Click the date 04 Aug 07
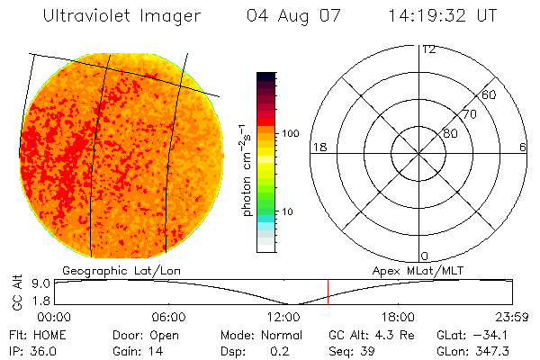point(288,16)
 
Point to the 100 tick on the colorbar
point(290,133)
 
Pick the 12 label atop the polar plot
point(428,49)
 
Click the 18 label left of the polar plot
point(318,147)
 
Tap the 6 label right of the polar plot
point(524,147)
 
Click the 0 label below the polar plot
point(425,256)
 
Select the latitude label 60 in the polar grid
point(490,94)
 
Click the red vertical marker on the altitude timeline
point(328,292)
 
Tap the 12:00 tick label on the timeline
point(283,318)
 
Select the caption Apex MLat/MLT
point(415,270)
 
